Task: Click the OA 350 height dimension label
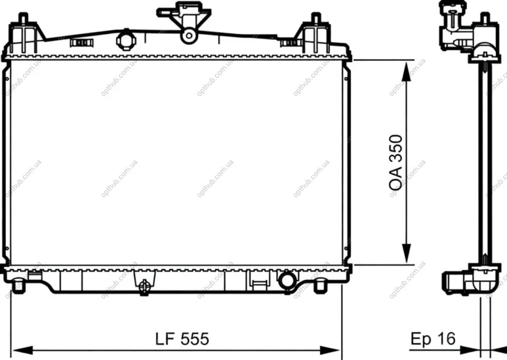pyautogui.click(x=396, y=162)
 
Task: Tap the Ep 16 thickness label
pyautogui.click(x=433, y=339)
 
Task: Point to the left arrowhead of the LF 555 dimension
pyautogui.click(x=22, y=350)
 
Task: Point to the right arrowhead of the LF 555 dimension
pyautogui.click(x=330, y=350)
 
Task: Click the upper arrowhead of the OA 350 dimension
pyautogui.click(x=407, y=71)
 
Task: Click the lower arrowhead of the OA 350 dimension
pyautogui.click(x=407, y=254)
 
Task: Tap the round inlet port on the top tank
pyautogui.click(x=126, y=39)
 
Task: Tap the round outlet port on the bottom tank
pyautogui.click(x=288, y=280)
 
